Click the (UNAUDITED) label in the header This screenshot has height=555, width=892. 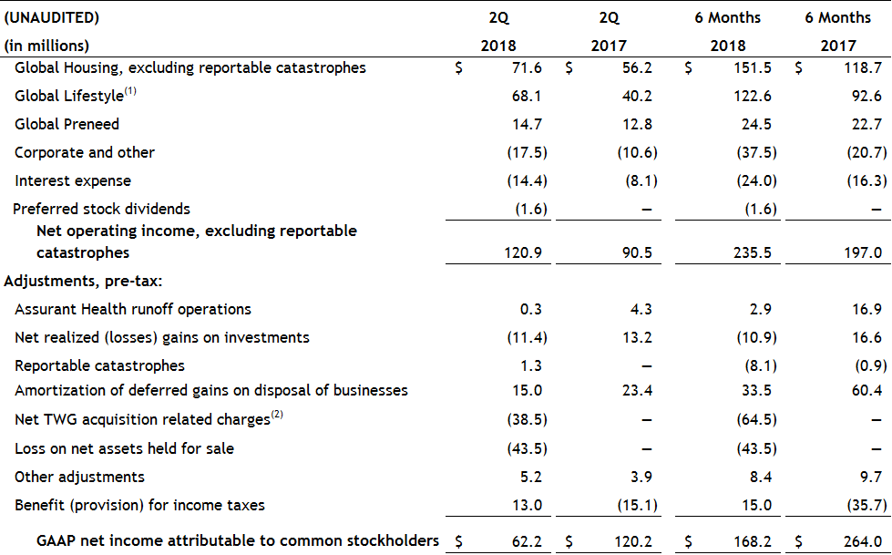coord(52,17)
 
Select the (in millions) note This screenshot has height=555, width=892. coord(46,46)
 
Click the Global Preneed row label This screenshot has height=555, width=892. coord(67,124)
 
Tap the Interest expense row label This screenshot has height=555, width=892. coord(73,180)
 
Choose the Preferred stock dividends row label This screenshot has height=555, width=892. coord(101,209)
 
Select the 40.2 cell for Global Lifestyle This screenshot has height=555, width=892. coord(638,96)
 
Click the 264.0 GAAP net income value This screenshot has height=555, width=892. coord(865,540)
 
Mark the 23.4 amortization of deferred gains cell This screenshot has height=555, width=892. coord(638,390)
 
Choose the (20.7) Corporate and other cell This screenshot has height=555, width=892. coord(863,152)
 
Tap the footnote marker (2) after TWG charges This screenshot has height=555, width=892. coord(277,416)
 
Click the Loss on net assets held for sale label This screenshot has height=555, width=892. coord(124,448)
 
